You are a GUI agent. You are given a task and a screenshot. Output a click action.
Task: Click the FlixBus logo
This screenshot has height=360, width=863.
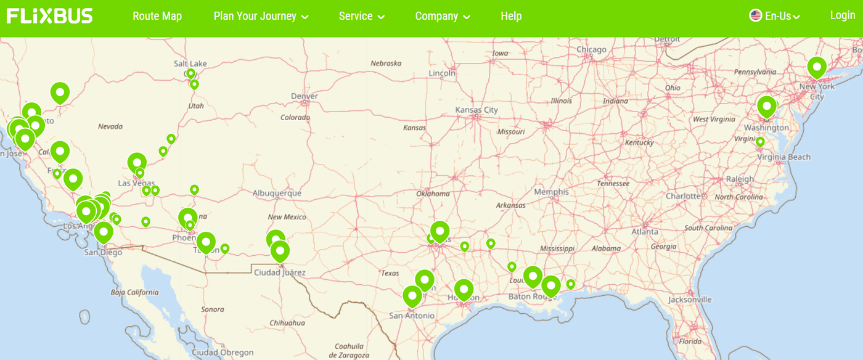click(49, 16)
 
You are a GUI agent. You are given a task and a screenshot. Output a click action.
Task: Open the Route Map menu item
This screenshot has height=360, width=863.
click(157, 16)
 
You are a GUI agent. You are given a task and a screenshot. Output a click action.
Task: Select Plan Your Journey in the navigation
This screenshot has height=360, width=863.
click(261, 16)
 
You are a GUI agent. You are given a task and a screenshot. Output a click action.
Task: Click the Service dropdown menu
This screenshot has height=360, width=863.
click(361, 16)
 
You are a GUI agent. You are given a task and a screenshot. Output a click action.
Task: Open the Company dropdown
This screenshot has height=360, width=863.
click(442, 16)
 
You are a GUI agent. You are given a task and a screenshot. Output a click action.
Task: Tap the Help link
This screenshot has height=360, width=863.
click(511, 16)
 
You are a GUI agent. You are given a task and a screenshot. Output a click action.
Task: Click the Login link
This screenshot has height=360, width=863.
click(842, 15)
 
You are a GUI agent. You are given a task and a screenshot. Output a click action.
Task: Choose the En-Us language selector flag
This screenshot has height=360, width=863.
click(756, 15)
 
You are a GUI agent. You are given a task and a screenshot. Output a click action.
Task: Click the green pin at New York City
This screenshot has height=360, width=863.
click(817, 67)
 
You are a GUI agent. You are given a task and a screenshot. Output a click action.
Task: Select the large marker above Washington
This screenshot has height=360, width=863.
click(766, 106)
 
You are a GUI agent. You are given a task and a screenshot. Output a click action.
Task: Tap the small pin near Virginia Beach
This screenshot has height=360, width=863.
click(760, 142)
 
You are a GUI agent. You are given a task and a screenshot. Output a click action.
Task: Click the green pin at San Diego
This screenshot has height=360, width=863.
click(104, 232)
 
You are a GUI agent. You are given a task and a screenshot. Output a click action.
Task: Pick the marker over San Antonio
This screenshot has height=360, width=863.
click(412, 295)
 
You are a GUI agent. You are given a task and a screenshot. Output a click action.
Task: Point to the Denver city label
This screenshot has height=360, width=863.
click(305, 96)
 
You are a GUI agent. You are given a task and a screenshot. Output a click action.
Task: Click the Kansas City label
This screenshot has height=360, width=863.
click(476, 110)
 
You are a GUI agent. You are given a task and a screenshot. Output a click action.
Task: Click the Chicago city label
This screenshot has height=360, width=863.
click(591, 49)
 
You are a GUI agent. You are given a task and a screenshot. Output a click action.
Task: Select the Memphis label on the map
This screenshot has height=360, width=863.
click(551, 192)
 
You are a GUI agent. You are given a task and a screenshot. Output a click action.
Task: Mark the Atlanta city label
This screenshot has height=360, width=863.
click(645, 232)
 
